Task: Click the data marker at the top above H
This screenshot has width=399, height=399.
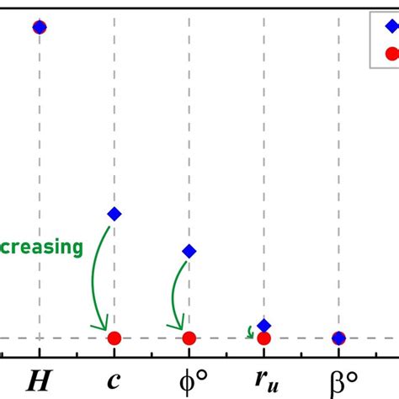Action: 39,27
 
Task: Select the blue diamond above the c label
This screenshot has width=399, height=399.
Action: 114,214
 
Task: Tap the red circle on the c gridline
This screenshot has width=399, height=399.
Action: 114,338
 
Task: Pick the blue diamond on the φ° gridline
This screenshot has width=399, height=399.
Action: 189,251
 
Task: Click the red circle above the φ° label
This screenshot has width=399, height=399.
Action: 189,338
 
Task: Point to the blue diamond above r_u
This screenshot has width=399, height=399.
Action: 263,325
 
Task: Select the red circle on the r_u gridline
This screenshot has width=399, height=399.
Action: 263,338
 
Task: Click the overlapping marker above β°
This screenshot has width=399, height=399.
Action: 338,338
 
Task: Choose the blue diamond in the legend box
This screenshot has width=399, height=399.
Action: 391,25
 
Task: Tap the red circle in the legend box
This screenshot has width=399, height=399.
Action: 391,53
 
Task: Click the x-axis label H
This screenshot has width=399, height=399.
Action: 39,380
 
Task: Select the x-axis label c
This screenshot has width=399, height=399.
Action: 114,381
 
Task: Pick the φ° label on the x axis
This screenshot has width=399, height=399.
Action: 189,380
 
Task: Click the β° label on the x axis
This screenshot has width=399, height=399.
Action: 339,380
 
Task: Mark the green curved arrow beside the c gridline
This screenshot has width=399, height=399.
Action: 98,278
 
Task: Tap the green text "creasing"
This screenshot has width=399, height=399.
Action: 42,247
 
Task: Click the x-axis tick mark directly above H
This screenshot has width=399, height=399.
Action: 39,359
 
